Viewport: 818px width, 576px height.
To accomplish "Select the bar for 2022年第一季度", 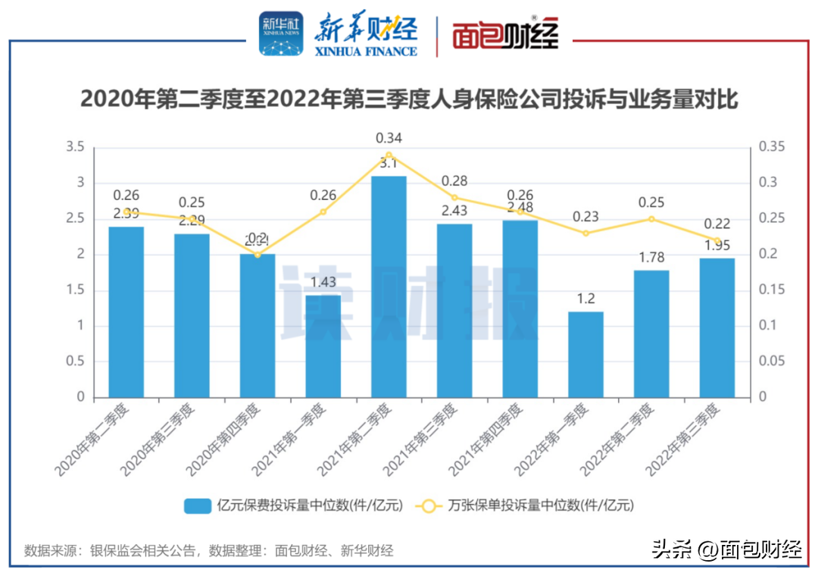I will [585, 354].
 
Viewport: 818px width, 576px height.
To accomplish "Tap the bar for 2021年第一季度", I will [323, 346].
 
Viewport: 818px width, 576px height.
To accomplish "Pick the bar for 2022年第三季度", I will [717, 327].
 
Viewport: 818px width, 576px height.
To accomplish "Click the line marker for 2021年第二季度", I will [389, 155].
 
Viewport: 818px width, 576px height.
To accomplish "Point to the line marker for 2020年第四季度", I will [258, 255].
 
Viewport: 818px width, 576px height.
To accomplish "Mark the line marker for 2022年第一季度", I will [585, 233].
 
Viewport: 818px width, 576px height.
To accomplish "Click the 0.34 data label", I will [389, 138].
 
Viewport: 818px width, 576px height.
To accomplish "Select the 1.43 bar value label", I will [323, 282].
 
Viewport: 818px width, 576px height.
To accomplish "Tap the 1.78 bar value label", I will [651, 257].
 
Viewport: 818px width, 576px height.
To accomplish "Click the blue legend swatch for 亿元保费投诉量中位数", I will [198, 506].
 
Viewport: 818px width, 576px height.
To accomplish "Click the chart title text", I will [409, 99].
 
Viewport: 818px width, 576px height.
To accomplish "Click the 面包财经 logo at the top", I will [505, 35].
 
